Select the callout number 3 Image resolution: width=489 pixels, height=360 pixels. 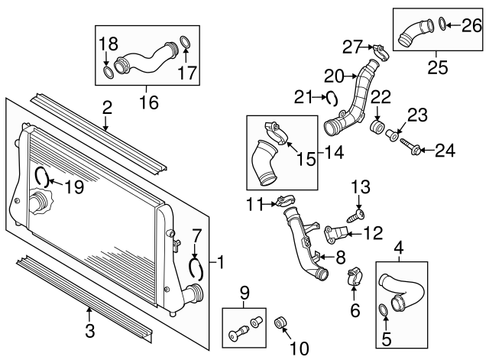(x=89, y=331)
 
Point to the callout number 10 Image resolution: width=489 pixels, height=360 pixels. (x=300, y=349)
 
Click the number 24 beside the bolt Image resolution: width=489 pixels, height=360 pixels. (x=444, y=151)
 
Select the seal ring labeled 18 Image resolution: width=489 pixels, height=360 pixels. (x=109, y=73)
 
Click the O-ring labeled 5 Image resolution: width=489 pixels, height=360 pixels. (x=384, y=309)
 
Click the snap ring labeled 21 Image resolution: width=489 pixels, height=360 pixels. (x=332, y=98)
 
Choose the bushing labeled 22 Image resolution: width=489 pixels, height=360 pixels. (x=377, y=126)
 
